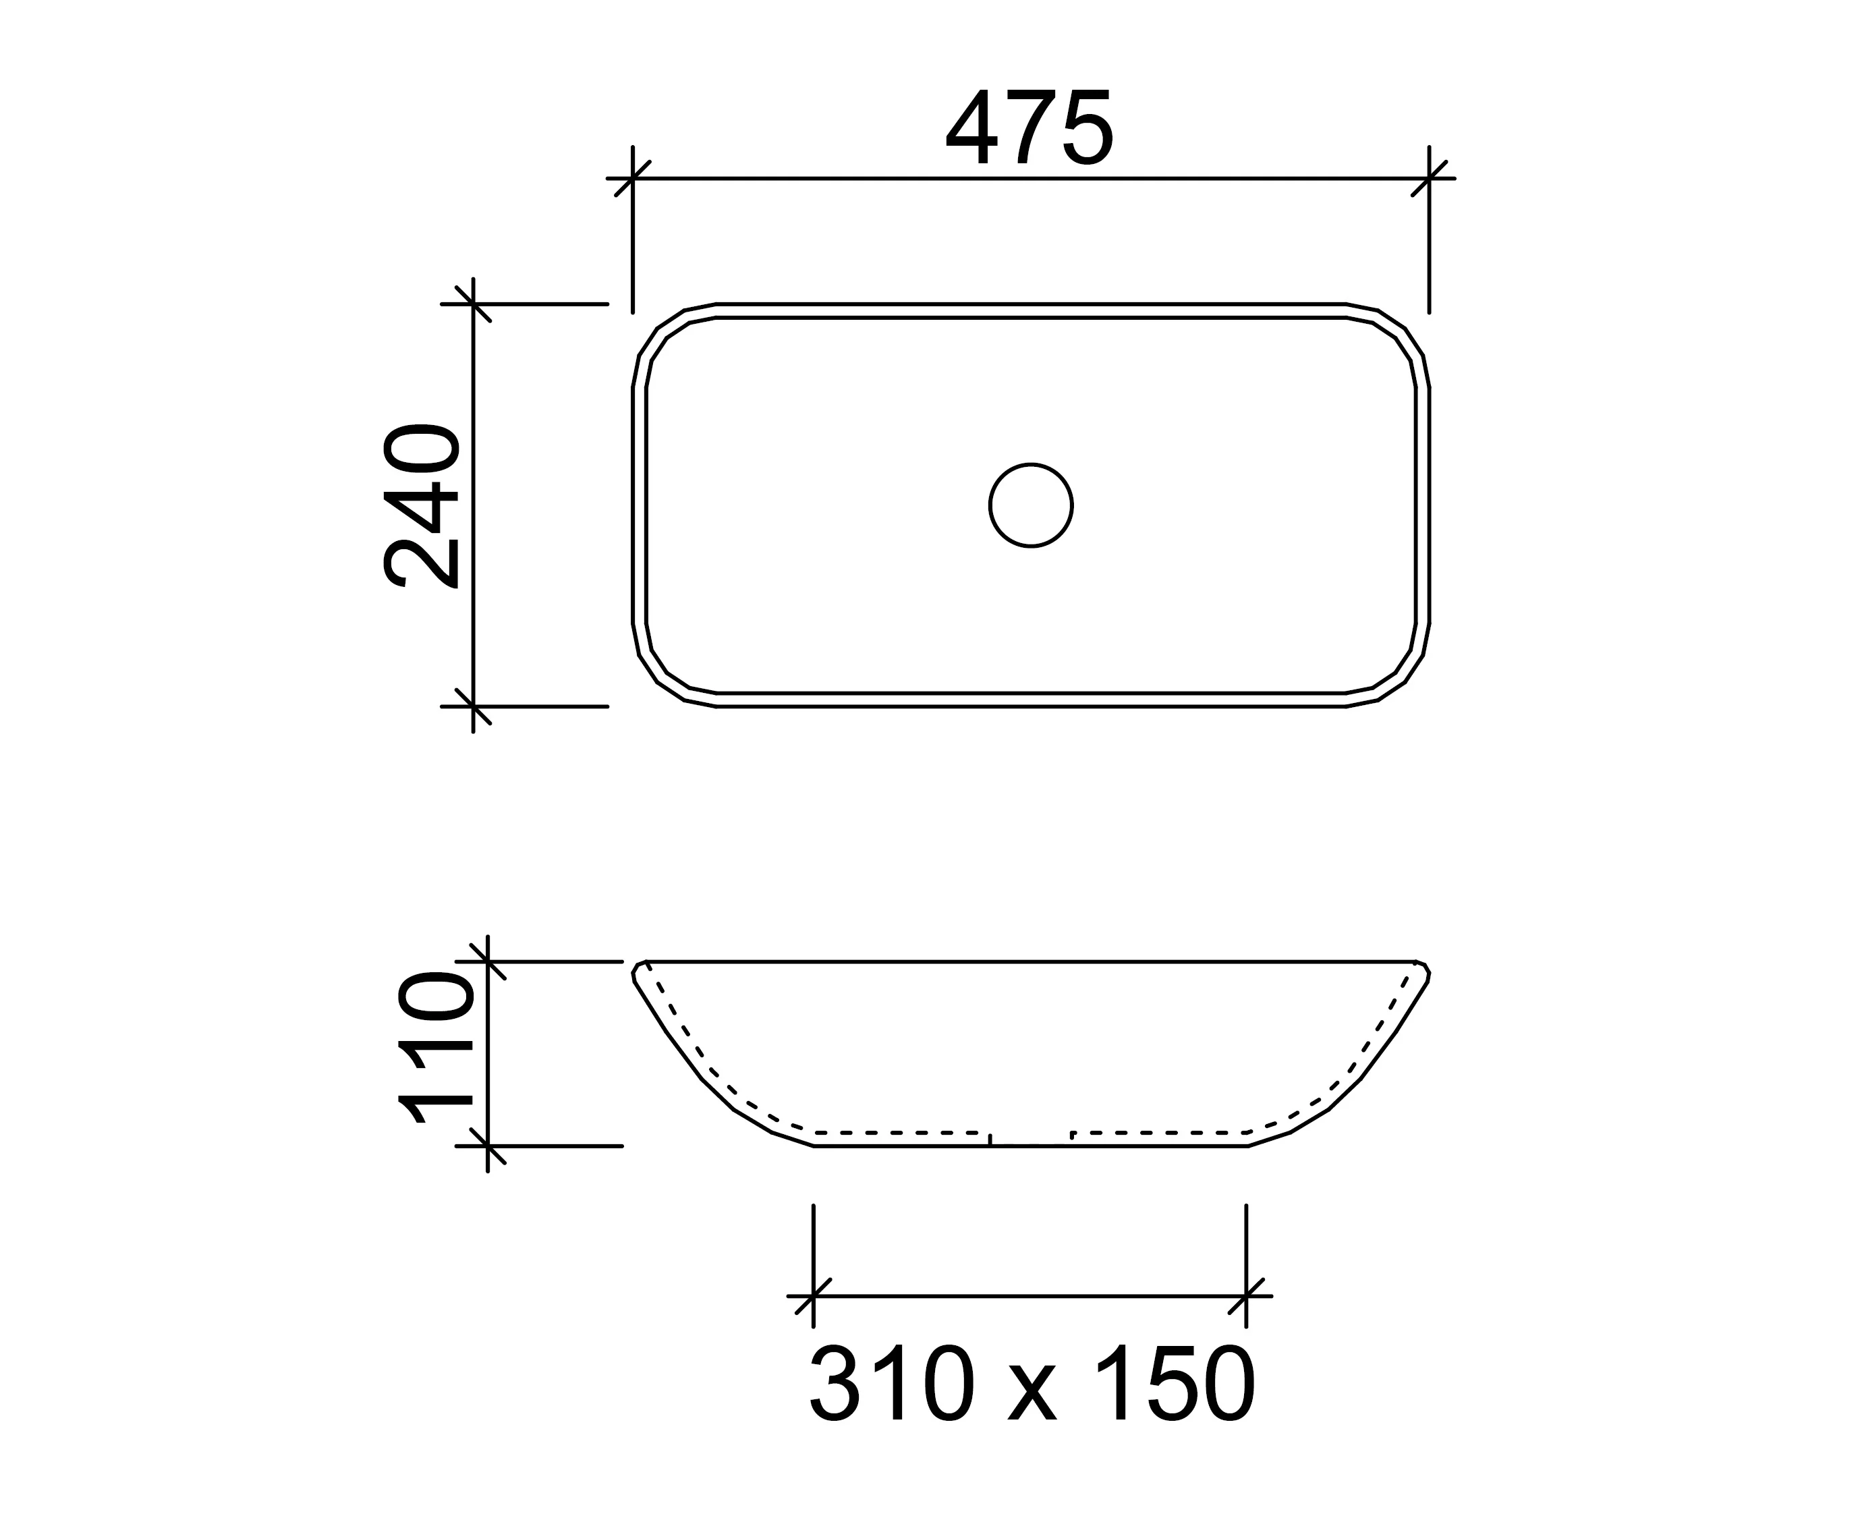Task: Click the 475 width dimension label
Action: (1029, 128)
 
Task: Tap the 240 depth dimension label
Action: (420, 507)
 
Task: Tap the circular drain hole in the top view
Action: (1032, 505)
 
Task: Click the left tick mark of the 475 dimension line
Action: (633, 178)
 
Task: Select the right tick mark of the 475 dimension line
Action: (1430, 178)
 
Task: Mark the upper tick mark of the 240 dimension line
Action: (473, 304)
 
